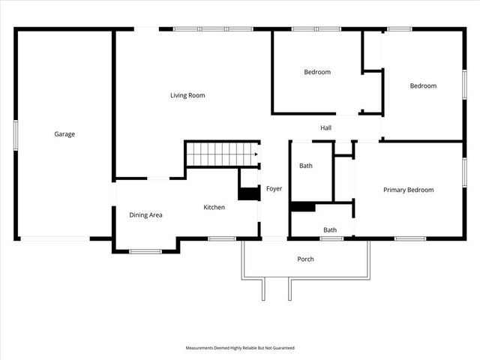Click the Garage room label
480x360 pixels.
64,134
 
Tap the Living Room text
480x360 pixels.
187,95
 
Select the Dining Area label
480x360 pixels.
145,215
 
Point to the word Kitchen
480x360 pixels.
214,207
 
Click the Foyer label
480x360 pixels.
274,188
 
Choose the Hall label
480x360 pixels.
326,128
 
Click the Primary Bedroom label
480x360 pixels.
409,190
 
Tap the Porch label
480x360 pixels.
305,259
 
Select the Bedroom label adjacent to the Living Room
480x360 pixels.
317,72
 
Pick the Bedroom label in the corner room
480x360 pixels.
423,85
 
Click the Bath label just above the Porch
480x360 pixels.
330,230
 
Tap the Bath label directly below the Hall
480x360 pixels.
306,166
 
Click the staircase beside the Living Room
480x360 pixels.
221,154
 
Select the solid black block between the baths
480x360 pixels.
302,207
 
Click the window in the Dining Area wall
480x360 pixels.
145,250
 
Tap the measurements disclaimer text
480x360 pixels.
240,348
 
